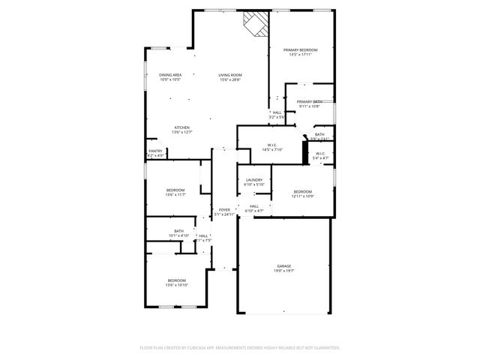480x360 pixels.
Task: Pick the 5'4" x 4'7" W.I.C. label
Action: click(320, 155)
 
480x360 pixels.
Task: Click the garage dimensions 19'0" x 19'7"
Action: click(283, 271)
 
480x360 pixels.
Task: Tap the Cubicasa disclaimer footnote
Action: click(240, 347)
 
